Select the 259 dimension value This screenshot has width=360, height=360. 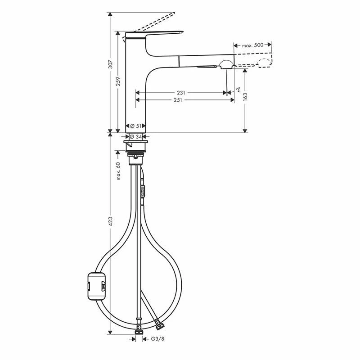[118, 81]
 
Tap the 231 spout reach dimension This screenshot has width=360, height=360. [181, 93]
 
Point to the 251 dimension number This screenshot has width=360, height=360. [177, 100]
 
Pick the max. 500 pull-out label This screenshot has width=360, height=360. [252, 45]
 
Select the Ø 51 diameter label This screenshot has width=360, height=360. [135, 126]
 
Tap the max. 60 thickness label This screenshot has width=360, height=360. [119, 171]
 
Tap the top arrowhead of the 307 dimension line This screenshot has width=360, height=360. [110, 15]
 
